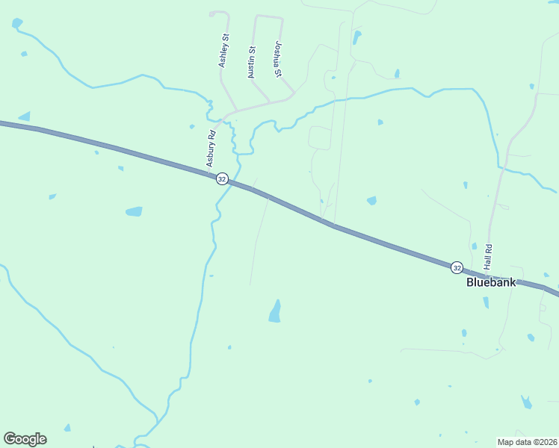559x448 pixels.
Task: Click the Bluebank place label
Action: [490, 282]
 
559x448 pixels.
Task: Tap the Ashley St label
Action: [223, 51]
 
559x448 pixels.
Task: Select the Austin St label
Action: [252, 63]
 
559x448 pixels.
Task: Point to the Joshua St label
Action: [278, 59]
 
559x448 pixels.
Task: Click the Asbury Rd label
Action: [211, 149]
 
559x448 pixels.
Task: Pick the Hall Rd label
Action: [488, 257]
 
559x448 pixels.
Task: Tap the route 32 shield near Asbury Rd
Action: [222, 179]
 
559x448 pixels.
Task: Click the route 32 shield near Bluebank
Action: [457, 267]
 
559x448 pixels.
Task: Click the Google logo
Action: [25, 439]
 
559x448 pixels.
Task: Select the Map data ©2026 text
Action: [527, 442]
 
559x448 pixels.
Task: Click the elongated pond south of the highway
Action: [275, 311]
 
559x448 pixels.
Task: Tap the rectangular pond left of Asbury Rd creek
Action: [134, 211]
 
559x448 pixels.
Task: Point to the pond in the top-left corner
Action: [16, 23]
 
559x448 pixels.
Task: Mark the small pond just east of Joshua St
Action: [397, 73]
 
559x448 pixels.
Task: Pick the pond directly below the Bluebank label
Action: [486, 302]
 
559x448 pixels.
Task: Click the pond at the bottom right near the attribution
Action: [527, 402]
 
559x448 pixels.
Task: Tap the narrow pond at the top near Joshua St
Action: [356, 37]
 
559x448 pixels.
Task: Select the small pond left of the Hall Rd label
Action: [474, 246]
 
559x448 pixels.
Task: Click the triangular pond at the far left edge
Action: [25, 116]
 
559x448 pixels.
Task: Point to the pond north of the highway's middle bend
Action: [371, 200]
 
